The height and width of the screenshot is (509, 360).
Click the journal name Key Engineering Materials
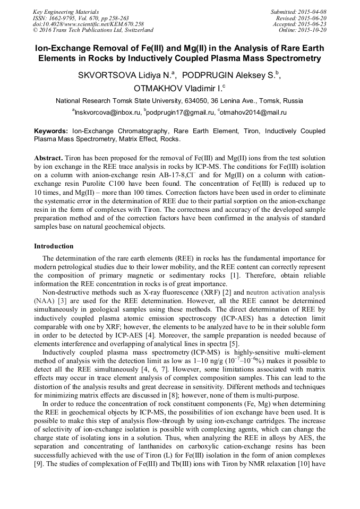pos(66,12)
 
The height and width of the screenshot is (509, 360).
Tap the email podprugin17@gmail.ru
pos(181,113)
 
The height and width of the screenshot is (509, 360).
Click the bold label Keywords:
pos(51,131)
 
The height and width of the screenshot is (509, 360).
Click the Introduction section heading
pos(54,246)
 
